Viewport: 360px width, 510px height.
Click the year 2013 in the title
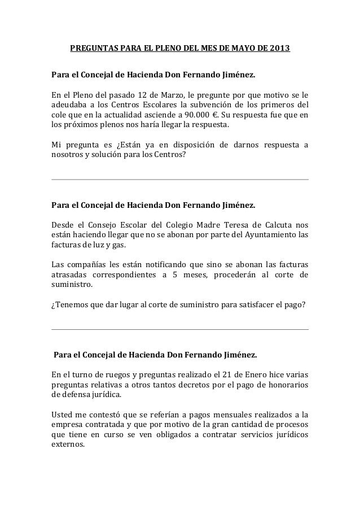point(280,49)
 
